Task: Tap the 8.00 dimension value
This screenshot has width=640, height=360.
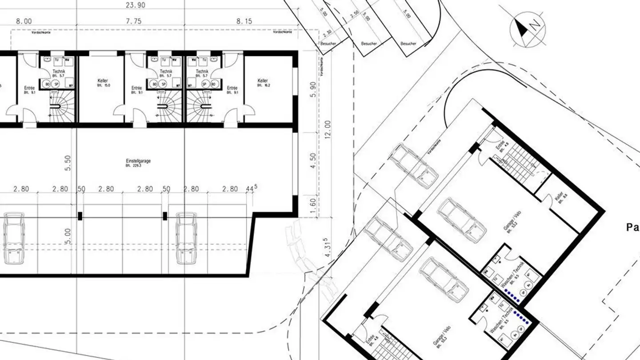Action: (24, 21)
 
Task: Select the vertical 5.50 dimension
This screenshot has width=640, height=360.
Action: (68, 163)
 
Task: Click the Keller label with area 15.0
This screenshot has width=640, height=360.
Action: (103, 83)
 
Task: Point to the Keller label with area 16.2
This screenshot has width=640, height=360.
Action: (263, 83)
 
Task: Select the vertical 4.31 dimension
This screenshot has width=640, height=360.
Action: (328, 248)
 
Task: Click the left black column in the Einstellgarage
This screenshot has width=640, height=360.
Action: (80, 216)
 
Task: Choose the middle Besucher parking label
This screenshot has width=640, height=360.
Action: (369, 44)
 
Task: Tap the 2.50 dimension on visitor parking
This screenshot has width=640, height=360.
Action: (354, 14)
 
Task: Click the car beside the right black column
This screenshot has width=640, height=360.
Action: (186, 238)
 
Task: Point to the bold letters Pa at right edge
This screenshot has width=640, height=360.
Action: (632, 228)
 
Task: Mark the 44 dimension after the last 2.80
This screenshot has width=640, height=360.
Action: (250, 189)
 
